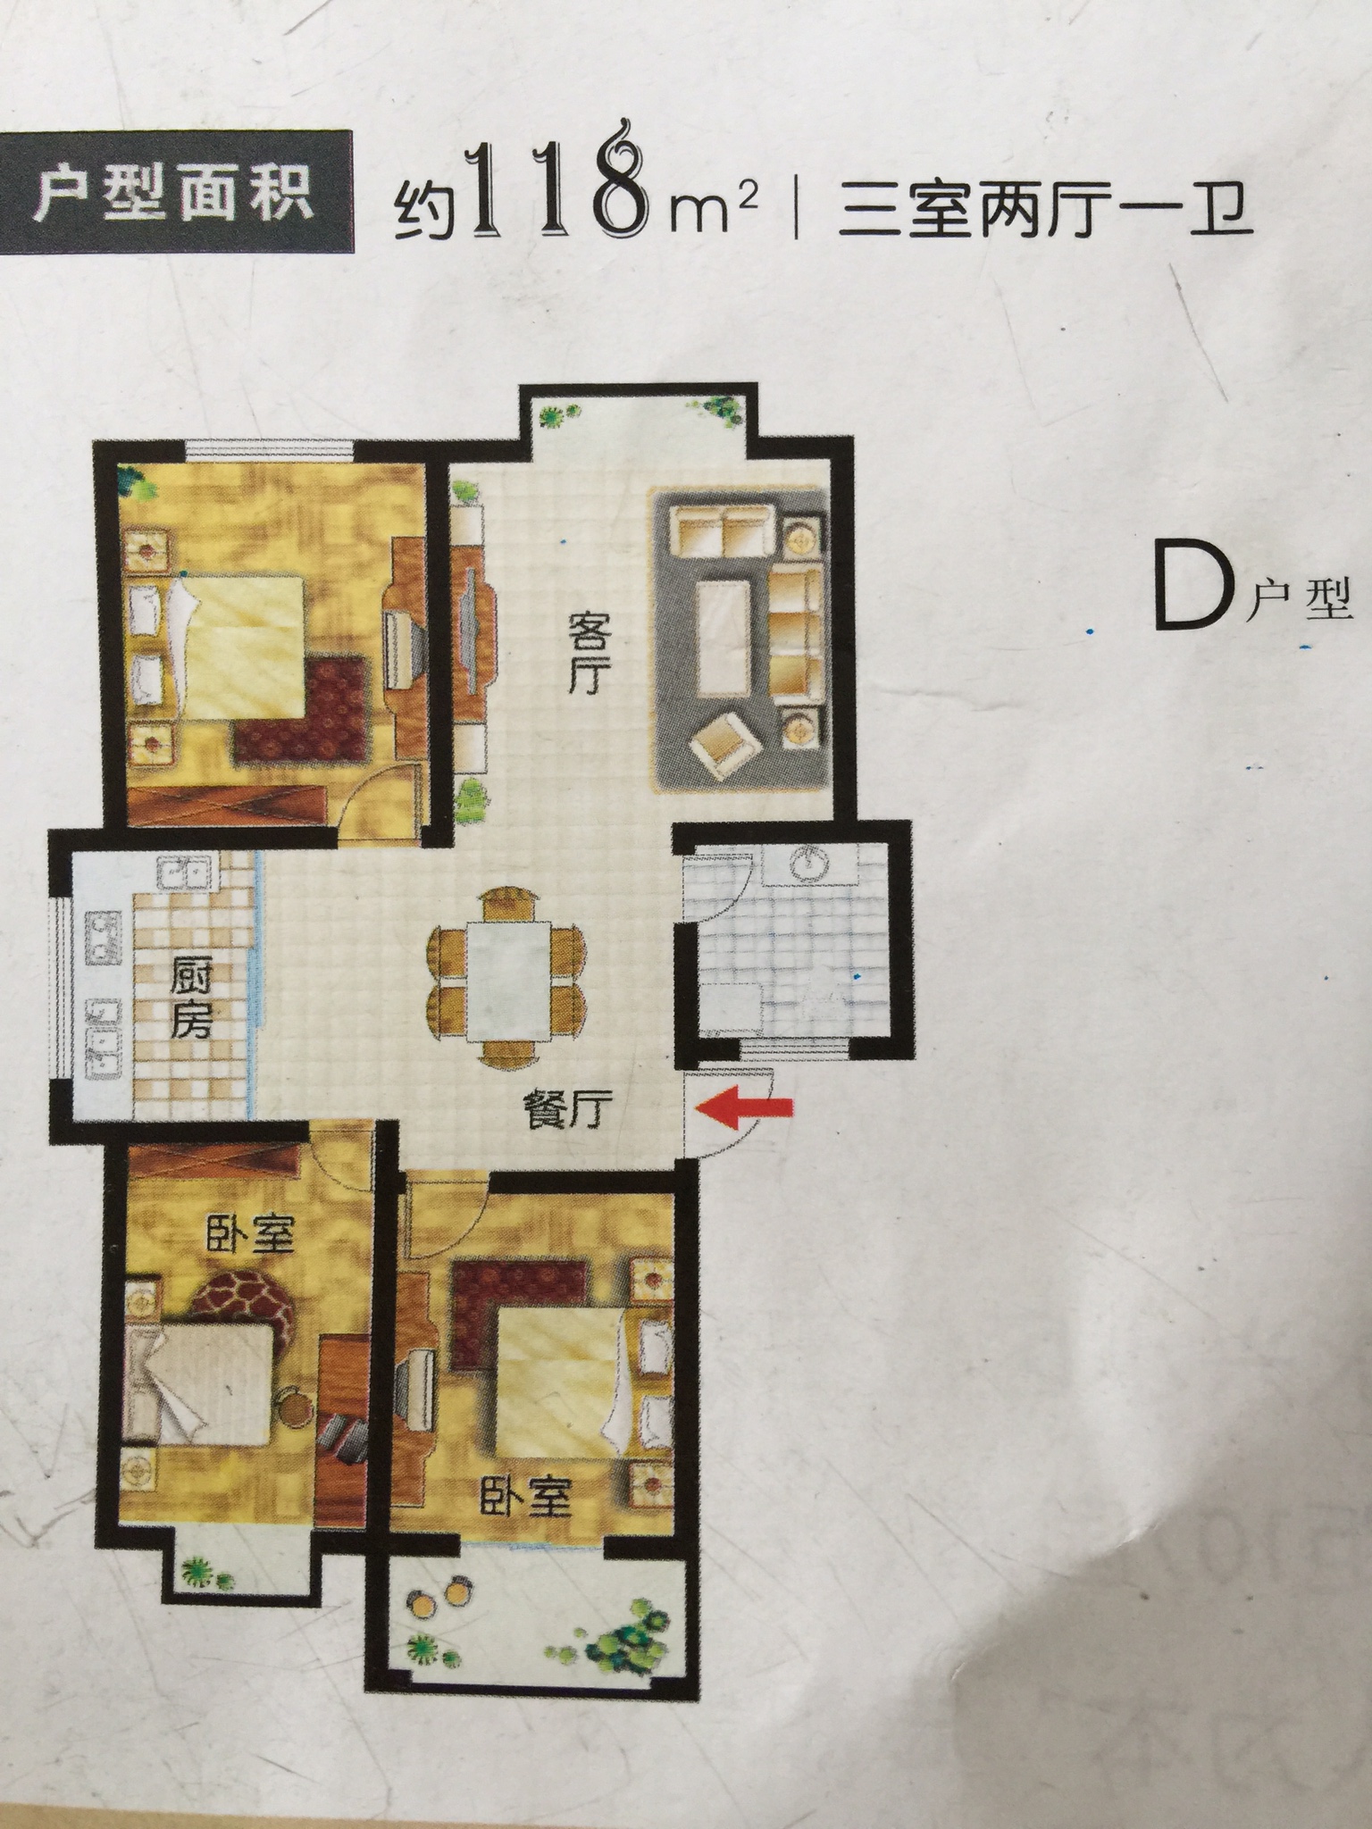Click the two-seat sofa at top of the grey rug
[722, 532]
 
